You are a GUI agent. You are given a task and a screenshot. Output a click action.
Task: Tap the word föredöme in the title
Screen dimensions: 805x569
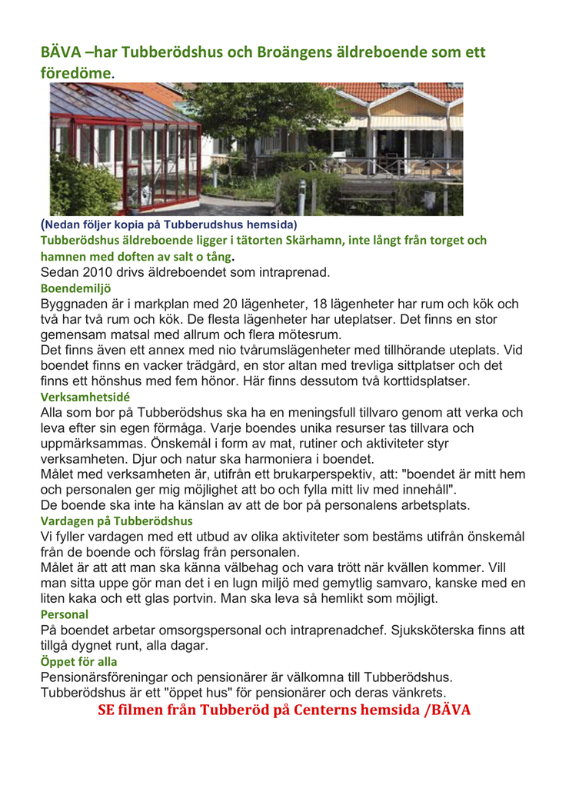pyautogui.click(x=76, y=73)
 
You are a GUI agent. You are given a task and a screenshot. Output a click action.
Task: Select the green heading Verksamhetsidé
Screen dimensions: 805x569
pyautogui.click(x=85, y=397)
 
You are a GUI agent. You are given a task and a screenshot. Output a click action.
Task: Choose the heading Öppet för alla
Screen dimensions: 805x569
pyautogui.click(x=78, y=661)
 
